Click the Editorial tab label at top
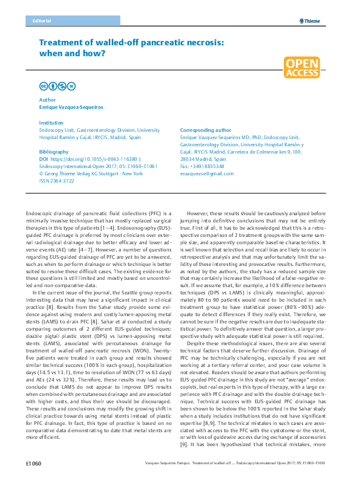coord(39,21)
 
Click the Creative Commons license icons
coord(57,86)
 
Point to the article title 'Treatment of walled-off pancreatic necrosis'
coord(132,48)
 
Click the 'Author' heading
coord(47,99)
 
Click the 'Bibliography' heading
coord(53,151)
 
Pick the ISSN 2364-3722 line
coord(57,180)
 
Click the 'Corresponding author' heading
coord(206,130)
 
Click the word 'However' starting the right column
coord(200,215)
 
